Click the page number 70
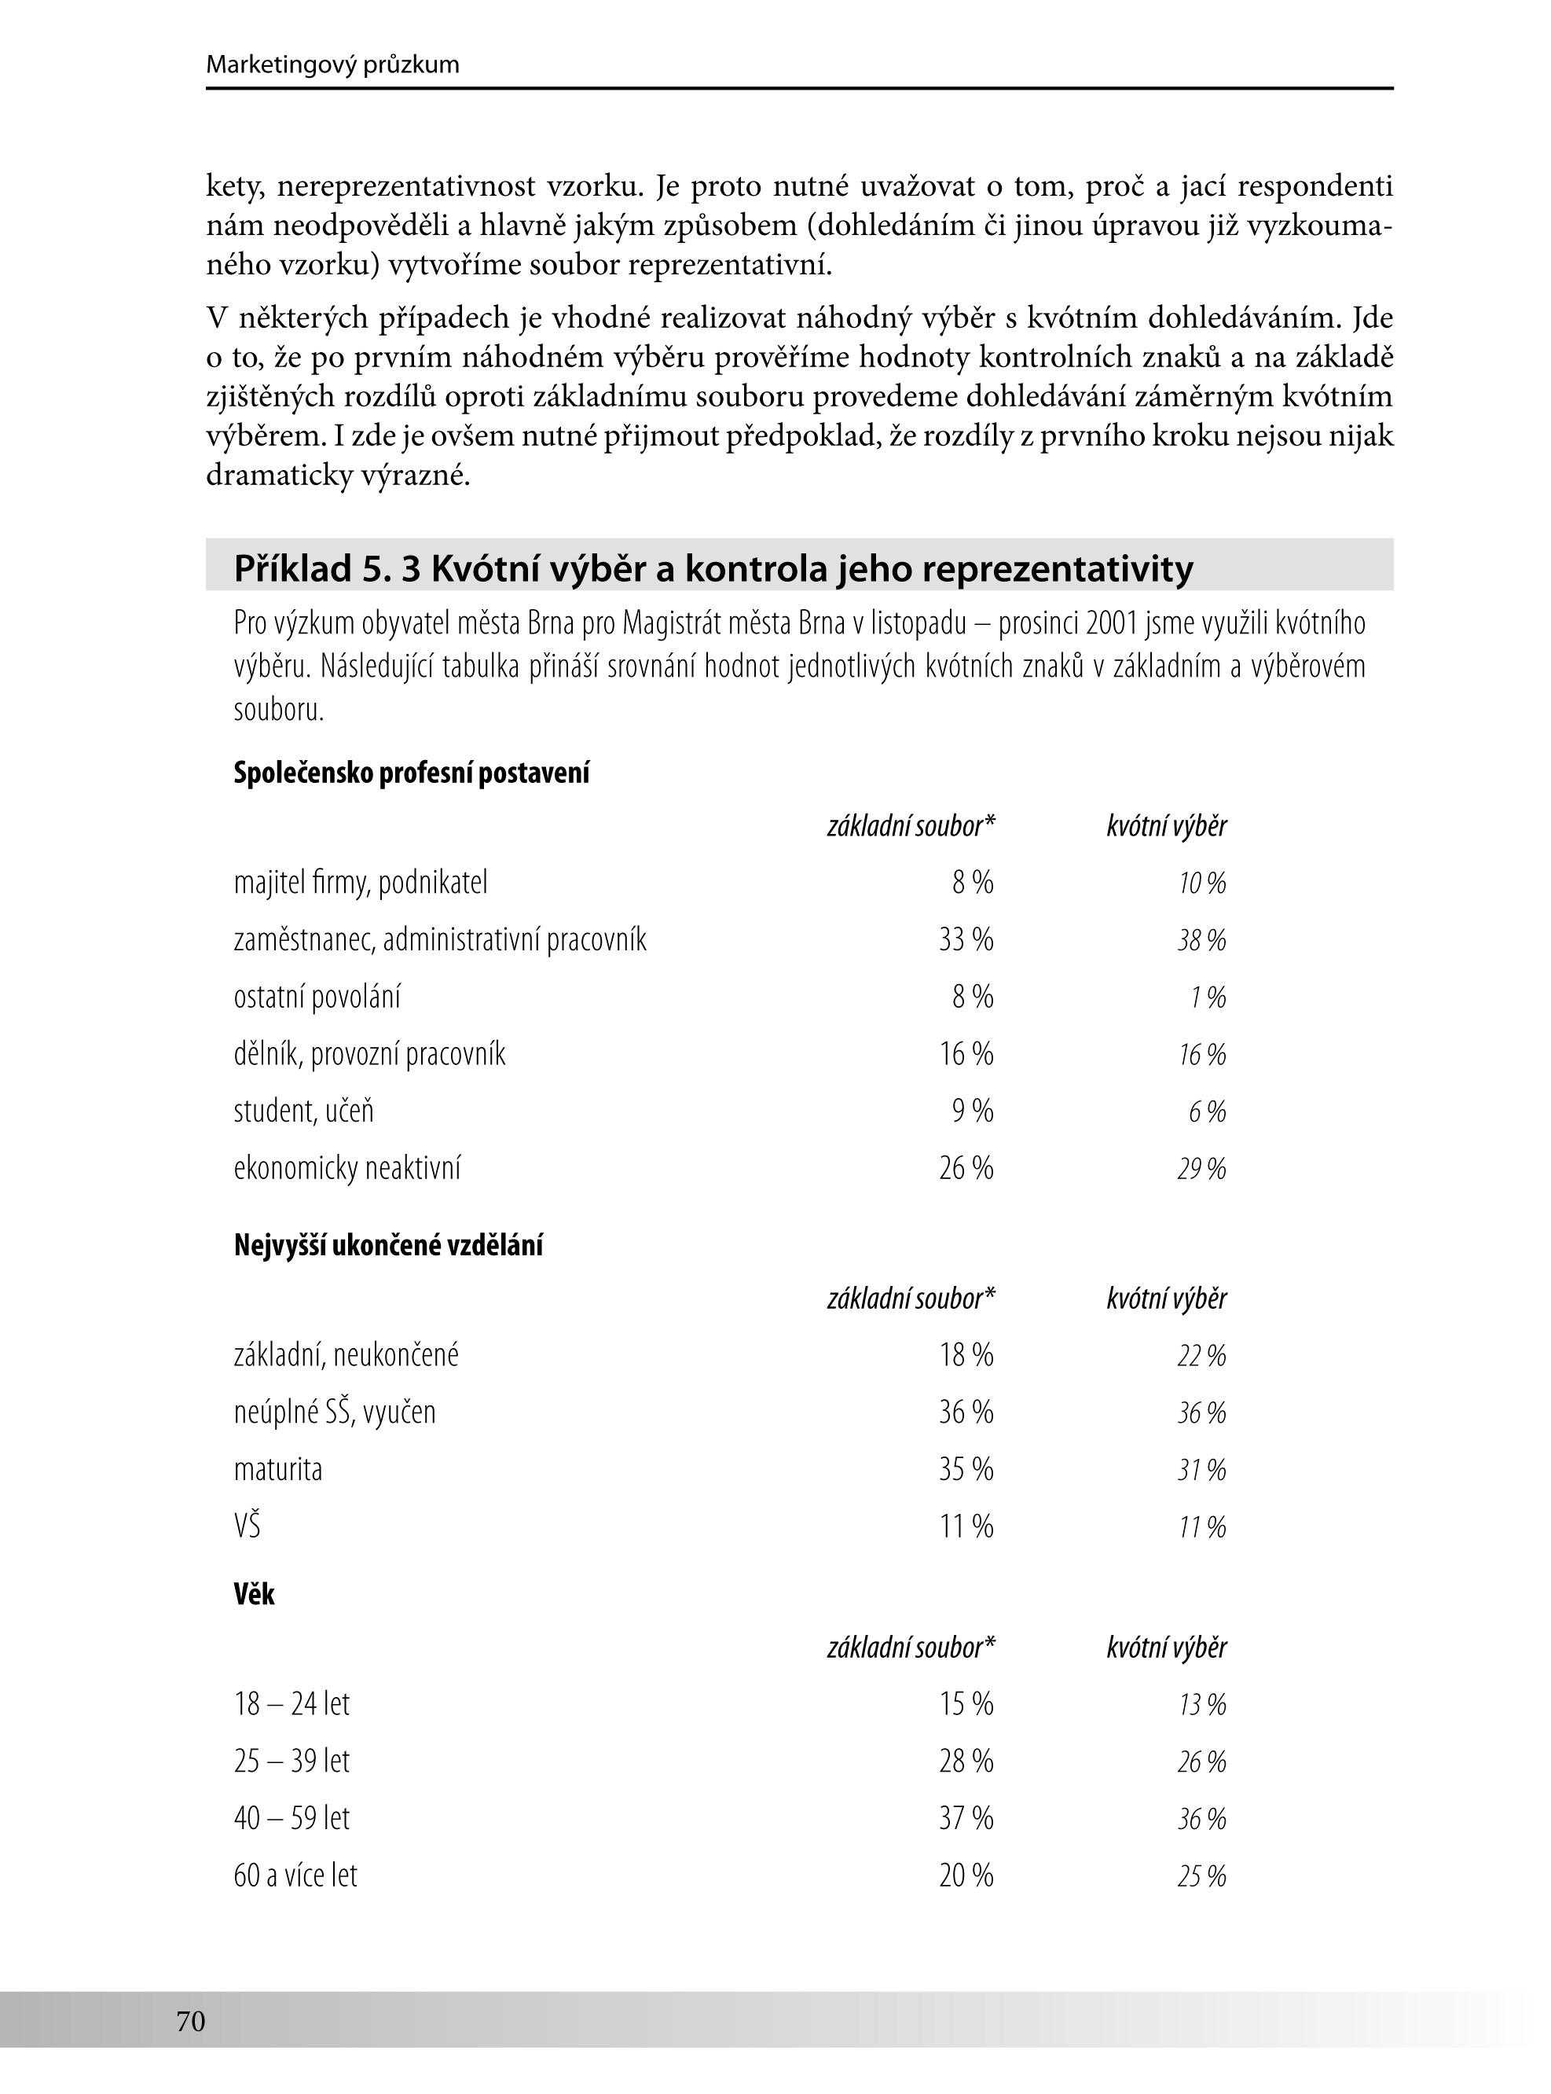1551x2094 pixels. [191, 2021]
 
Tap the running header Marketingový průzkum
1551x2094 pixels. [332, 64]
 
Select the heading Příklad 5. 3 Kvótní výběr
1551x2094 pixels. [713, 569]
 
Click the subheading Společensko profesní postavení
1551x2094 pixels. [411, 773]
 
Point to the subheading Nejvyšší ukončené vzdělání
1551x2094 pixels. [388, 1246]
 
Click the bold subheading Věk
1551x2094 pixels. [255, 1594]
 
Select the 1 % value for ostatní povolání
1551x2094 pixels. [1208, 998]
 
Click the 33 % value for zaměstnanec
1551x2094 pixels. [966, 940]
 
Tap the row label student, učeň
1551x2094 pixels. [303, 1111]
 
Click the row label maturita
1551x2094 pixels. [278, 1470]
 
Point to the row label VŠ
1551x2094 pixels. [247, 1526]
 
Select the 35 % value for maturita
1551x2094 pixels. [966, 1470]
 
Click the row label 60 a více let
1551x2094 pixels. [295, 1876]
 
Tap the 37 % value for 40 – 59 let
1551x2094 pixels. [966, 1819]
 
